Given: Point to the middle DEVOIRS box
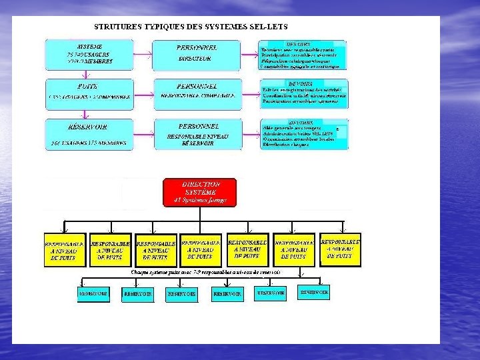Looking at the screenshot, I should (x=303, y=94).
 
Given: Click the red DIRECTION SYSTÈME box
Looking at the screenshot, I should (x=201, y=192).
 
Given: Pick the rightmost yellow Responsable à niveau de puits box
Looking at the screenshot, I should (x=341, y=247).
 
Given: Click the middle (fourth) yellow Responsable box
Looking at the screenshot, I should (x=201, y=248).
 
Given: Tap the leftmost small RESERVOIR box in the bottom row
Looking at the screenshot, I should (x=93, y=293).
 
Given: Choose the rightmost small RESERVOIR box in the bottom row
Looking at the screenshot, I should (x=314, y=292).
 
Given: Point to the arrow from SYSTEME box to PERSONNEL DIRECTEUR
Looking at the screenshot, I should (x=142, y=51).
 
